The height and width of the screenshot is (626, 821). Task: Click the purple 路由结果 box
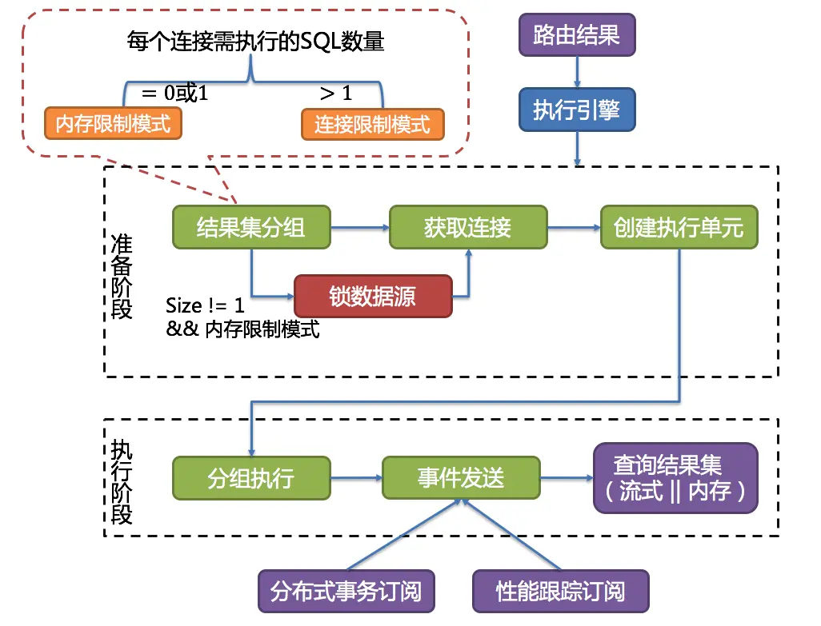[x=576, y=36]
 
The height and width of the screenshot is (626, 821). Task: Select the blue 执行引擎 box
[x=576, y=110]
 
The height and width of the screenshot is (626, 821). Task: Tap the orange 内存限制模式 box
[x=113, y=123]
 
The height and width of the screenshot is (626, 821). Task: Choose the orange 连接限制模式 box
[x=372, y=124]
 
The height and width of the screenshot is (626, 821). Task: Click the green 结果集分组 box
[x=250, y=227]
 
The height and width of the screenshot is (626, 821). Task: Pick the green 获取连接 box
[x=468, y=227]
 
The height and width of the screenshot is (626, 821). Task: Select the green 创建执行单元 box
[x=679, y=227]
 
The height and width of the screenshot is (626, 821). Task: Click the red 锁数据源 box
[x=373, y=297]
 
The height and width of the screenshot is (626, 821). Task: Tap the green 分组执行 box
[x=251, y=478]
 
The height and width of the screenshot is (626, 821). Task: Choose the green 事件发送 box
[x=461, y=478]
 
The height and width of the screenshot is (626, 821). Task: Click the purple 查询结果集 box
[x=675, y=477]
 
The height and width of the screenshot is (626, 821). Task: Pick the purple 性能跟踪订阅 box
[x=560, y=592]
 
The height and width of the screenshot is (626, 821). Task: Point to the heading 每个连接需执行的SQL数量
[x=255, y=41]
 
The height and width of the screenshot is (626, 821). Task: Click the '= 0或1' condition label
[x=174, y=93]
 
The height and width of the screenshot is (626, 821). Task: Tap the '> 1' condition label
[x=336, y=93]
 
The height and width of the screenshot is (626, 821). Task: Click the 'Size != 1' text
[x=205, y=305]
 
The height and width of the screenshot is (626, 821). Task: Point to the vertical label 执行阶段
[x=122, y=481]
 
